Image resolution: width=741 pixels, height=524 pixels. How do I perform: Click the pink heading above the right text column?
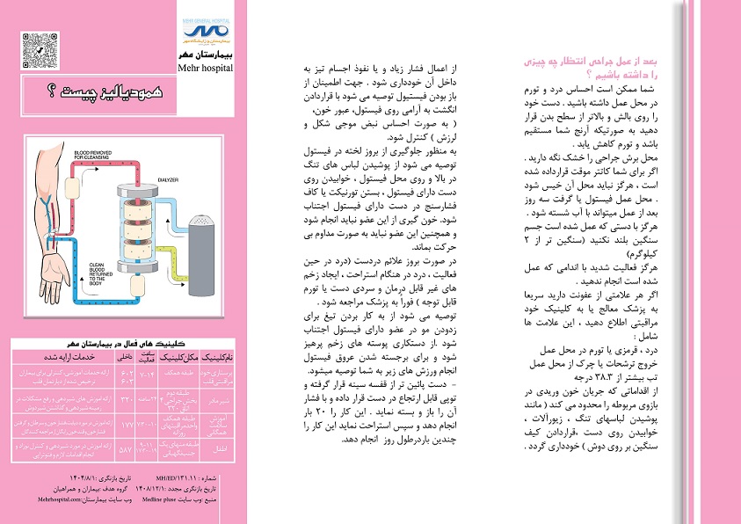tap(606, 64)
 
